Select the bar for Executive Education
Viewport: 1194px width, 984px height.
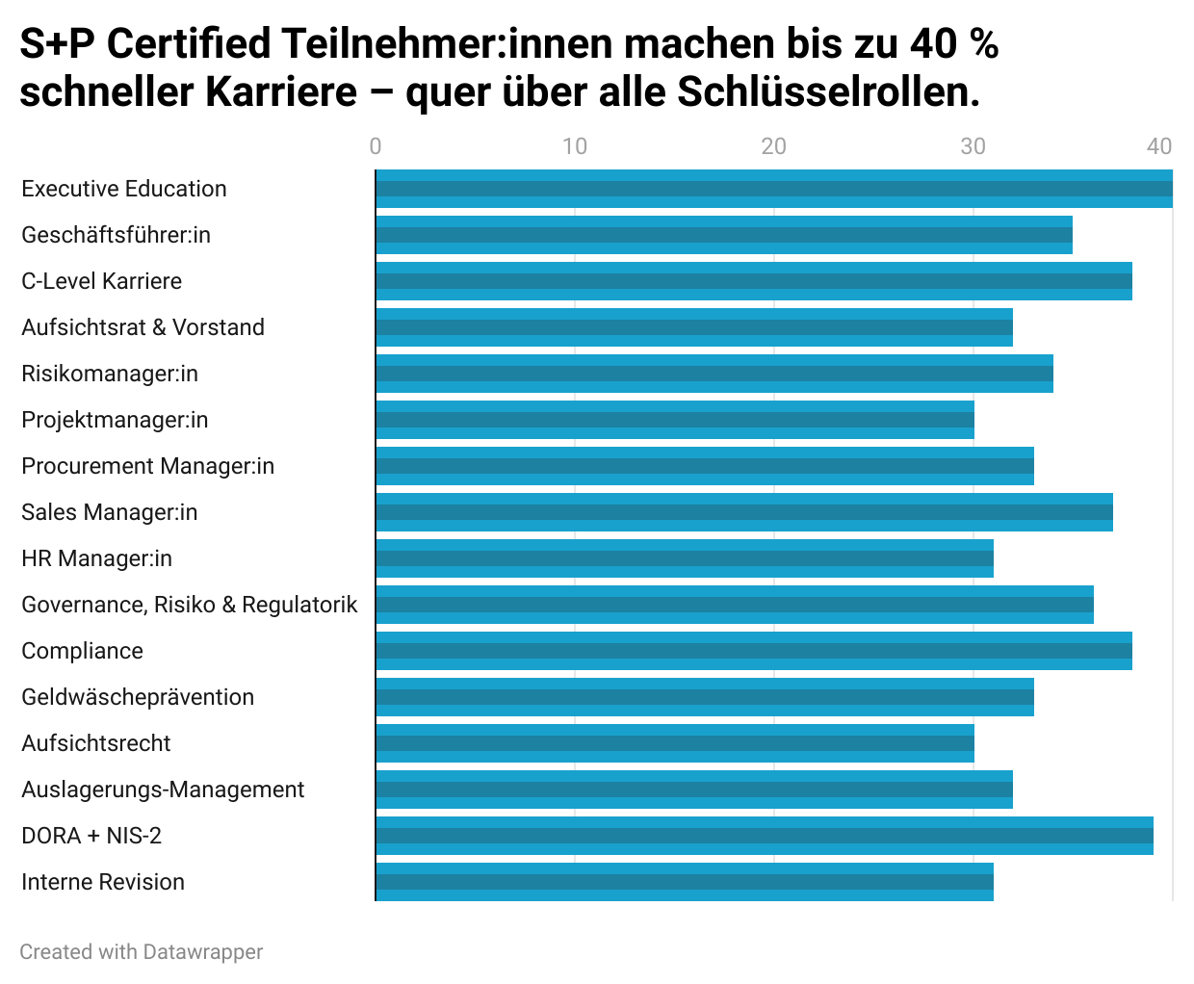[774, 189]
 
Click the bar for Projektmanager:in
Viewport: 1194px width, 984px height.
[675, 420]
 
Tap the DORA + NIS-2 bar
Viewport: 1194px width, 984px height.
[765, 836]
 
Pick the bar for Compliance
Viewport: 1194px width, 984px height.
[754, 651]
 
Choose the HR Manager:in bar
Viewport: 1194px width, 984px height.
[685, 558]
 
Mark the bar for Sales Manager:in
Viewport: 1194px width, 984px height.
[744, 512]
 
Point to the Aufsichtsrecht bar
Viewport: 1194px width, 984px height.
[675, 743]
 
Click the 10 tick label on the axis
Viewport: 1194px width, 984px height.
[575, 146]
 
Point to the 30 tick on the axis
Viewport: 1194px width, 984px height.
[973, 146]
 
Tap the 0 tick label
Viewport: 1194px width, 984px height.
[376, 146]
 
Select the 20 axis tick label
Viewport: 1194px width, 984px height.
[773, 146]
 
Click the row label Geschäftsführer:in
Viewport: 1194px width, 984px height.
[116, 235]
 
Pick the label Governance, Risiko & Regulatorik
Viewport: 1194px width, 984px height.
[189, 605]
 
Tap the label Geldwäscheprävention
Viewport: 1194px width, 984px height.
[138, 697]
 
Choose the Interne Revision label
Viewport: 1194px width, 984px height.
[103, 882]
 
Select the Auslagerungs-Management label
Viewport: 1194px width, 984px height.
[163, 790]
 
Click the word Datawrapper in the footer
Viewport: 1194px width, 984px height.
[202, 952]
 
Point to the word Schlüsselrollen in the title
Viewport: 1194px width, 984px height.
[828, 92]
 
